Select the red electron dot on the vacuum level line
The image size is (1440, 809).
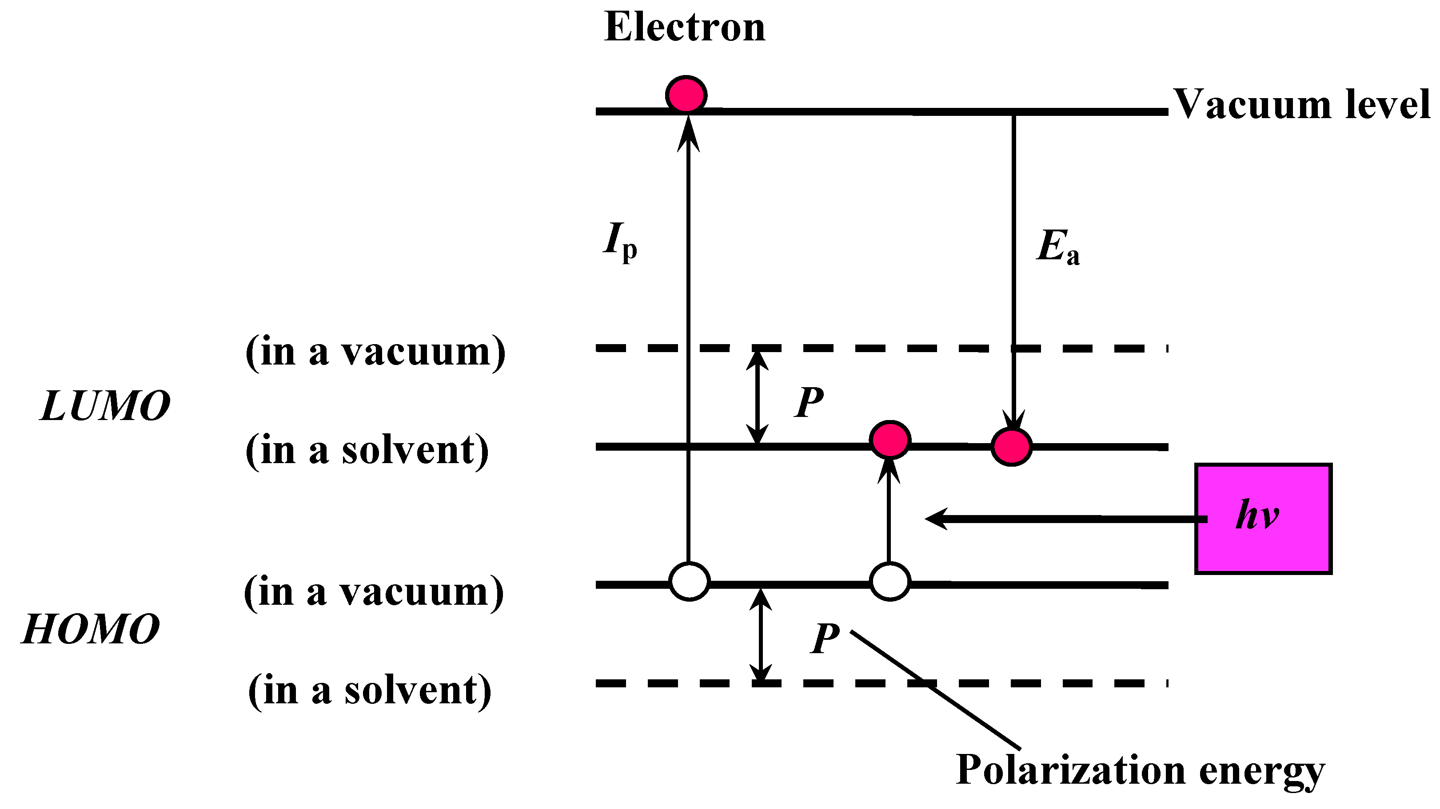(686, 95)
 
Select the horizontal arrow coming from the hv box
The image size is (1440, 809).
(1062, 519)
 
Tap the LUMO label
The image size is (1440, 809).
(105, 406)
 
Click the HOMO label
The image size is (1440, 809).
(91, 629)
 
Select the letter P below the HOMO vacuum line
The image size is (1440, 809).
(825, 638)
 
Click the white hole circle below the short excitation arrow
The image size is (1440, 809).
(890, 582)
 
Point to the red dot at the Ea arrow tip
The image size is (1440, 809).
(1011, 446)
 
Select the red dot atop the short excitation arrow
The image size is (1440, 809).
(890, 440)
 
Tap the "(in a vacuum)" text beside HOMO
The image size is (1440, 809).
(373, 592)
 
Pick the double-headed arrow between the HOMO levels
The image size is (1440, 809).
(760, 634)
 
